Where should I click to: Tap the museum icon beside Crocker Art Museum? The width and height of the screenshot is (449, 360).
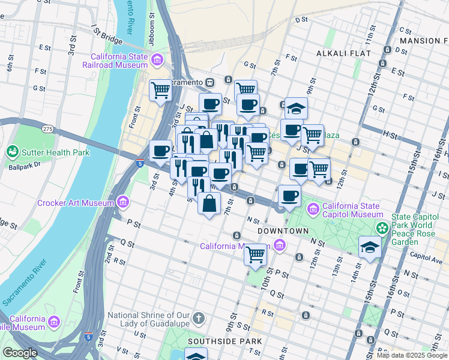tap(123, 202)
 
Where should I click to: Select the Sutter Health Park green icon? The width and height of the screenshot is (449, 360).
tap(12, 152)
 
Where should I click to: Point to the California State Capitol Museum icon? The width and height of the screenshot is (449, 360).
tap(313, 209)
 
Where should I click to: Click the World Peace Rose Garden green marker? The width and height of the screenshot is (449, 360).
tap(381, 228)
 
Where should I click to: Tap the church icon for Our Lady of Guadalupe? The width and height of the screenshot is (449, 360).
tap(199, 317)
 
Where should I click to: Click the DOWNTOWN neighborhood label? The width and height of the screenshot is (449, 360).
tap(283, 231)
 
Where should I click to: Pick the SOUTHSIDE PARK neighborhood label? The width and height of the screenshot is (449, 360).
tap(224, 341)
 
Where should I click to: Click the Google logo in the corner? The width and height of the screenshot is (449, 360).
tap(20, 353)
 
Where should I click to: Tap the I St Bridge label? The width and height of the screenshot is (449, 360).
tap(107, 35)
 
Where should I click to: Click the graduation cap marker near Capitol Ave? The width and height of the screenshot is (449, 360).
tap(369, 246)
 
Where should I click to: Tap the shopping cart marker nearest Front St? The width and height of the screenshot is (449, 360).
tap(160, 91)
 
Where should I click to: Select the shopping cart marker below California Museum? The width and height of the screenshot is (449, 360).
tap(256, 254)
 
